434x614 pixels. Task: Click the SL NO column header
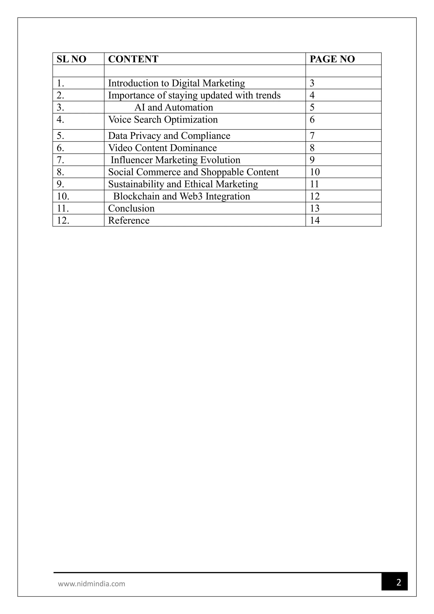(71, 59)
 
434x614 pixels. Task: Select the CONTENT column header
(133, 59)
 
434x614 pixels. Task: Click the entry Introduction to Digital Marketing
(176, 83)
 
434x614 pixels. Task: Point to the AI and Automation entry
(174, 107)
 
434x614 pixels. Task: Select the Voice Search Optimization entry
(163, 120)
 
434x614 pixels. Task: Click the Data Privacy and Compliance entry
(169, 136)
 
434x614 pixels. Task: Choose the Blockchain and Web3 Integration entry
(181, 196)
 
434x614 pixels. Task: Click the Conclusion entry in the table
(131, 208)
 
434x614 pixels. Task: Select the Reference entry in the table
(129, 220)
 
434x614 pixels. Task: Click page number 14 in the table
(314, 220)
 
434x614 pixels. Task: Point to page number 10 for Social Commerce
(314, 172)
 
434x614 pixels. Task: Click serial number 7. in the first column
(60, 160)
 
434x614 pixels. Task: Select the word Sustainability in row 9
(136, 184)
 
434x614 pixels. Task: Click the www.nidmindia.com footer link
(91, 583)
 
